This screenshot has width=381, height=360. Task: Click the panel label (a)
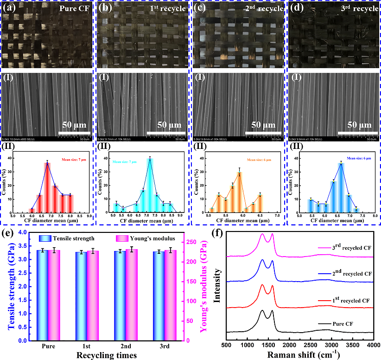(x=9, y=8)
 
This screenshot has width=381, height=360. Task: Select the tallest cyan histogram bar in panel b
(x=150, y=186)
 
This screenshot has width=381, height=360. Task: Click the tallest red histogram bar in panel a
(x=47, y=187)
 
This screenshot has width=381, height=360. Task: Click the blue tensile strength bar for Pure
(x=42, y=295)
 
